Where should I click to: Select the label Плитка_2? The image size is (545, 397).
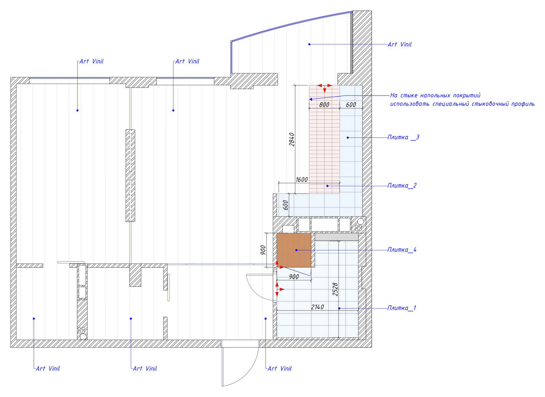(402, 186)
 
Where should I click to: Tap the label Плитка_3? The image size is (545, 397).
(403, 137)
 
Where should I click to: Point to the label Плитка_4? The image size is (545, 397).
(402, 250)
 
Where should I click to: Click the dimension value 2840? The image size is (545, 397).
(292, 139)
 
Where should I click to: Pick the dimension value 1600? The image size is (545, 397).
(302, 180)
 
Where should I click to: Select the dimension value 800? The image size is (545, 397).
(324, 105)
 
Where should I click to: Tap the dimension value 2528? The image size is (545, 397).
(335, 289)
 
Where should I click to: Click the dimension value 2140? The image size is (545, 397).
(317, 307)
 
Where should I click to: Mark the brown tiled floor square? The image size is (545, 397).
(294, 250)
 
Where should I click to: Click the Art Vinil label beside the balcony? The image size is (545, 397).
(400, 45)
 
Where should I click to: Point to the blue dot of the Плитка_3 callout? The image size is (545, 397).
(348, 137)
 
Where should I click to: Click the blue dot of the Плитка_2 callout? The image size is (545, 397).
(327, 186)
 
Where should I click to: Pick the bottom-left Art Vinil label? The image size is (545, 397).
(48, 368)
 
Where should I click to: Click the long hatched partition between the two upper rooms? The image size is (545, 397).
(130, 175)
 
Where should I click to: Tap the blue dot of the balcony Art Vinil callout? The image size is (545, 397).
(309, 44)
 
